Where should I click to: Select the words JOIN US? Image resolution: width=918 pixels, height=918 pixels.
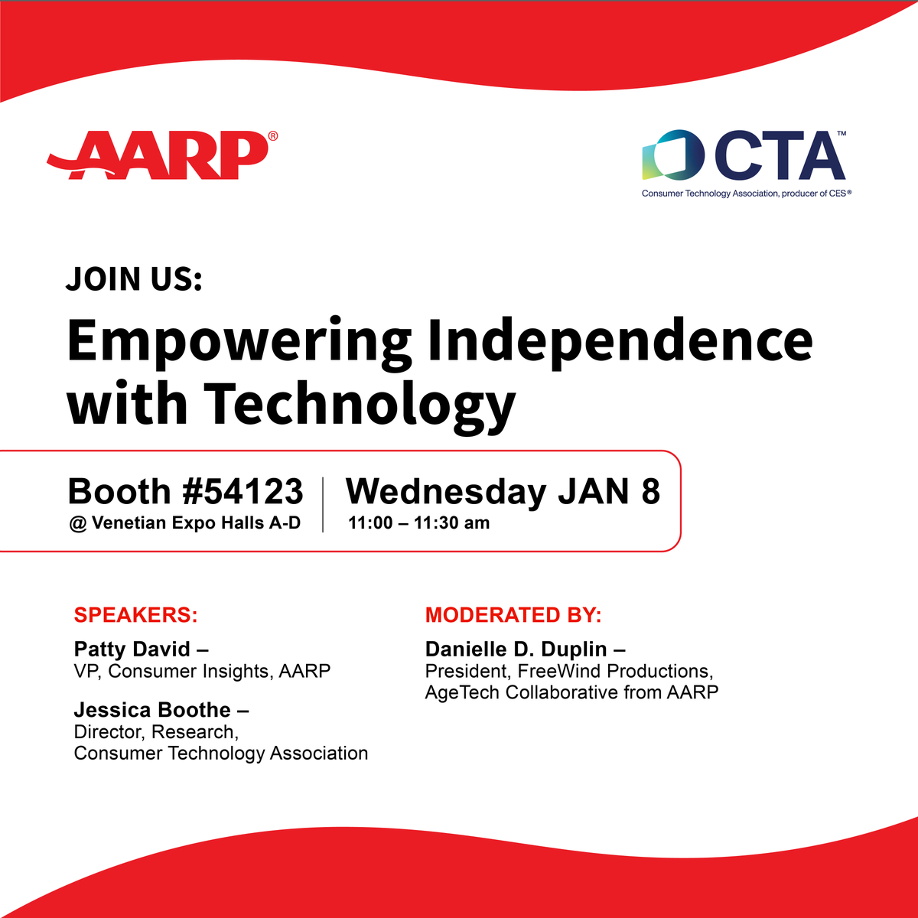pos(134,278)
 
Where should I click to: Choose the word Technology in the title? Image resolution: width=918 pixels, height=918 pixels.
pos(359,404)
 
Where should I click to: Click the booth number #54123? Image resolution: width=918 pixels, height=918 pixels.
pos(243,491)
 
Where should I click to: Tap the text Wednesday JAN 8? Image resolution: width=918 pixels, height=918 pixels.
pos(503,491)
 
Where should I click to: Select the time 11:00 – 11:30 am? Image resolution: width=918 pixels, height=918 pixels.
pos(418,523)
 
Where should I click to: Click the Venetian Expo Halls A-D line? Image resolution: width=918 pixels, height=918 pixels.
pos(185,523)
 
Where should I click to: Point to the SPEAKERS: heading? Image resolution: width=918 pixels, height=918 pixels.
pos(135,615)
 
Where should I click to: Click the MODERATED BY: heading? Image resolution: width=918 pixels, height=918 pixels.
pos(513,615)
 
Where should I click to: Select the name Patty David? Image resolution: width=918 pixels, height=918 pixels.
pos(132,649)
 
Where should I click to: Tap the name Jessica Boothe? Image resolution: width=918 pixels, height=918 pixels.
pos(152,710)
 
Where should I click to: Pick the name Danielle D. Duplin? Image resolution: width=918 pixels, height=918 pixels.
pos(516,649)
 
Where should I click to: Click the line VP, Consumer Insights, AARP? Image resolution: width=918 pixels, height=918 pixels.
pos(202,672)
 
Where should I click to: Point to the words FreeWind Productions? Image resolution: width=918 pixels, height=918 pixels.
pos(615,672)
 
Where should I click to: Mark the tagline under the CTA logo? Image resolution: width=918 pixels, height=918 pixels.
pos(746,194)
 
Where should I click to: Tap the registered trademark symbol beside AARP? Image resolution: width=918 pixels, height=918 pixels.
pos(273,136)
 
